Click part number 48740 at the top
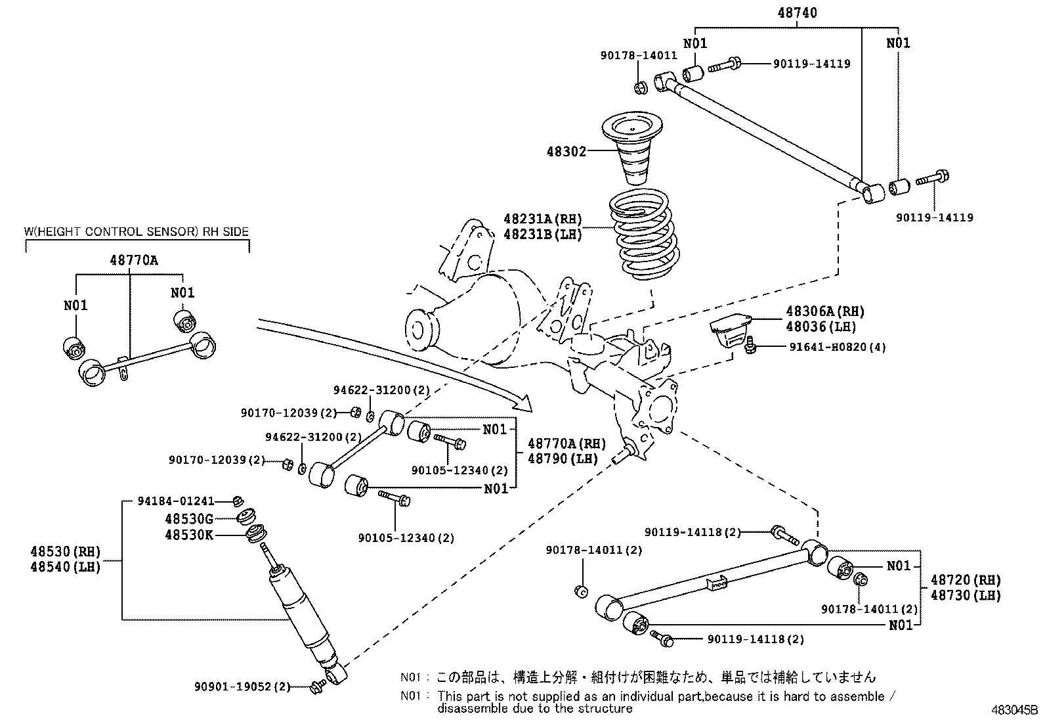(x=798, y=12)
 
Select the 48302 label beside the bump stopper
(x=566, y=151)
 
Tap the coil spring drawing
(x=644, y=234)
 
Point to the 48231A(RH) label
(x=543, y=219)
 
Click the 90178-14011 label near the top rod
(x=639, y=56)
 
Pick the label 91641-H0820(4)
(x=838, y=347)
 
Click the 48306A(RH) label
(x=825, y=311)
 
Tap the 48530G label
(x=189, y=519)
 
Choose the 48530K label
(x=189, y=535)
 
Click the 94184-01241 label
(x=176, y=501)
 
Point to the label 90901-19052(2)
(x=242, y=687)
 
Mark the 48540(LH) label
(x=66, y=567)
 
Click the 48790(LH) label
(x=563, y=459)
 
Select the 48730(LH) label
(x=966, y=595)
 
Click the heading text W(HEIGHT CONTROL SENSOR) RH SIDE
(x=137, y=232)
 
